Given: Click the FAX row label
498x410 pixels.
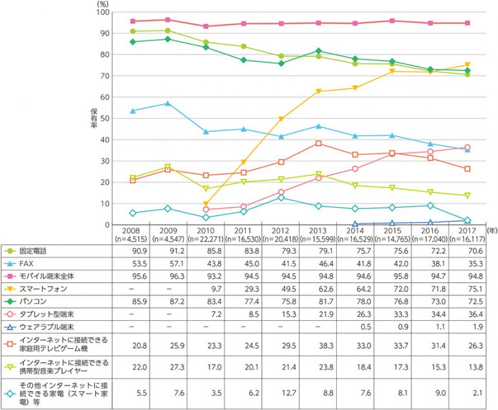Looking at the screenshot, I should [x=27, y=265].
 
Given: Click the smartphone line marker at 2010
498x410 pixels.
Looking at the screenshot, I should [x=206, y=204].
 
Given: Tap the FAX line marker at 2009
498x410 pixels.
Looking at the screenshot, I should [x=168, y=103].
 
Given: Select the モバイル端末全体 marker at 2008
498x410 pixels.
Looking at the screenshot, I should [x=133, y=21].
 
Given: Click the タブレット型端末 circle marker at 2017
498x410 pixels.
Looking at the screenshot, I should [x=467, y=147].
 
